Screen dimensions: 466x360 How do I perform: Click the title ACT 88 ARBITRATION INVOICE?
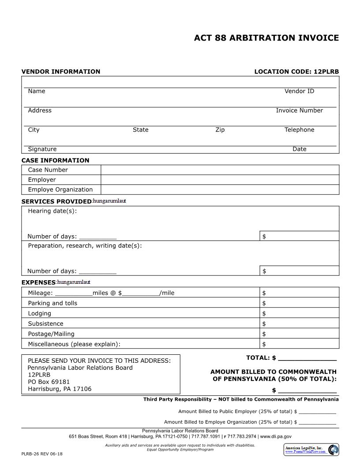click(266, 38)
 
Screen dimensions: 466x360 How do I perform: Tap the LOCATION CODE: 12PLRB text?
click(296, 71)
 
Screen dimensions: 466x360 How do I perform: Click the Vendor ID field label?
click(299, 91)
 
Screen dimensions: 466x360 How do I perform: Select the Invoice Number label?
click(299, 111)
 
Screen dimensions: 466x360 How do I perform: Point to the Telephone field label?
click(299, 130)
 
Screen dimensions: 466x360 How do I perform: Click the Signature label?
click(42, 149)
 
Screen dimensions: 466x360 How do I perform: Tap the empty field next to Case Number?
click(220, 170)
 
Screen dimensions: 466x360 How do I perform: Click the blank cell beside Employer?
click(220, 180)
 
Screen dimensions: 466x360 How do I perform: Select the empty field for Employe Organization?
click(220, 190)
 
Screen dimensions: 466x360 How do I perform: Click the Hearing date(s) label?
click(52, 211)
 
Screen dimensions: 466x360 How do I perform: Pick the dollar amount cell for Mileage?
click(299, 293)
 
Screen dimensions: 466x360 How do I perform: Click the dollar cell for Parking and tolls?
click(299, 303)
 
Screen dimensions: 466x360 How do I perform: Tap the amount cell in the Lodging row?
click(299, 314)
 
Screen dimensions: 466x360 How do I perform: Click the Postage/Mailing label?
click(51, 334)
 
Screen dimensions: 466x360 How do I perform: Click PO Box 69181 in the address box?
click(49, 382)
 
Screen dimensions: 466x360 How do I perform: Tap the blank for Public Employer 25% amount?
click(317, 411)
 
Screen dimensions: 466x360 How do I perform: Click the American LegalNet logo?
click(311, 450)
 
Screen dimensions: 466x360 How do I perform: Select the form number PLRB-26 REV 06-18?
click(42, 454)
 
